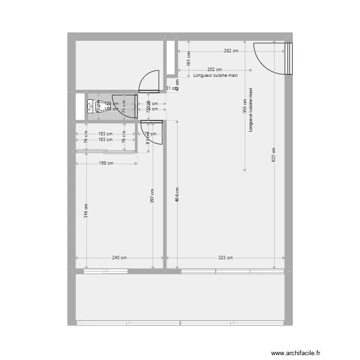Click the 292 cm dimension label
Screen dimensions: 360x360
(231, 51)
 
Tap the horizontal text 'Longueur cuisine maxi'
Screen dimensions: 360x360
(216, 75)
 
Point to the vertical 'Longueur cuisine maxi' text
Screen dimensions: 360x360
(250, 110)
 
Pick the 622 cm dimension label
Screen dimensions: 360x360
(274, 155)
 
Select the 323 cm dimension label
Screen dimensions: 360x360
(225, 258)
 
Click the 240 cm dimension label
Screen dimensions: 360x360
(120, 258)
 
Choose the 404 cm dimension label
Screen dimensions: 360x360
(177, 193)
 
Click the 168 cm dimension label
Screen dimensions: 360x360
(107, 163)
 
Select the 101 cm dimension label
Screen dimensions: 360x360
(189, 59)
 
